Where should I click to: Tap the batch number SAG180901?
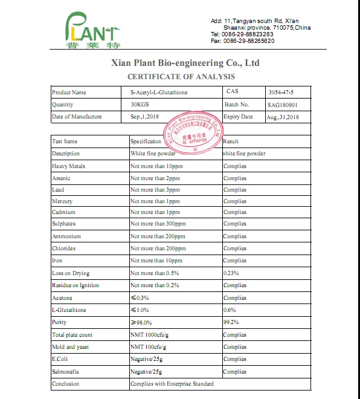tap(282, 105)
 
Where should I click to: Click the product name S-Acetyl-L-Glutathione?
tap(159, 92)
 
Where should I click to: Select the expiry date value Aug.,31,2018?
tap(283, 117)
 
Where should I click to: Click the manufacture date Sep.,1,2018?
tap(144, 117)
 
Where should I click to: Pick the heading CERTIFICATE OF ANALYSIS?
tap(181, 77)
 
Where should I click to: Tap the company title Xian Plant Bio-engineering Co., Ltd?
tap(185, 62)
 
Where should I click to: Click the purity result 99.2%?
tap(231, 322)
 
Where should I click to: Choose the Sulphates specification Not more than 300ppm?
tap(158, 224)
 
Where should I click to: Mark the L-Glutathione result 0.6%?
tap(230, 310)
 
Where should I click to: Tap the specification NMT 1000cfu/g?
tap(150, 335)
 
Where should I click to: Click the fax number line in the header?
tap(242, 41)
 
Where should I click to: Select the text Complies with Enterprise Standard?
tap(172, 384)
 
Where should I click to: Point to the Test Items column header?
tap(65, 141)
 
